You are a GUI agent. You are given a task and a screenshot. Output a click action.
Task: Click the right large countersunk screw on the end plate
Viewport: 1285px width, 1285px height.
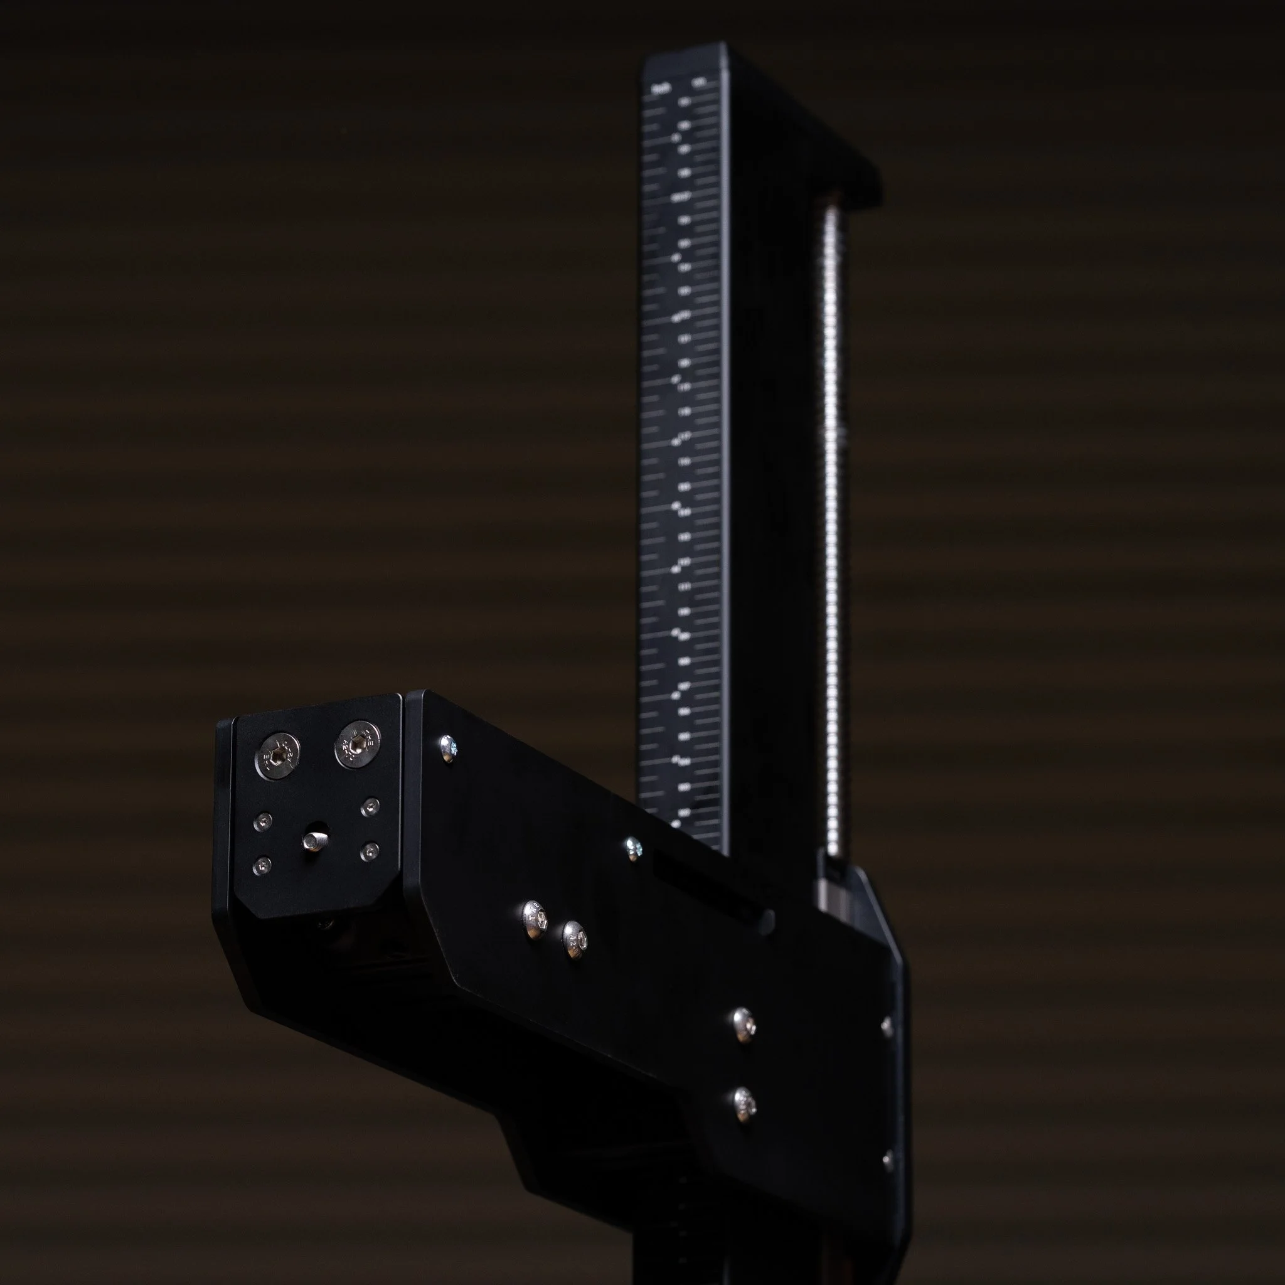(x=357, y=743)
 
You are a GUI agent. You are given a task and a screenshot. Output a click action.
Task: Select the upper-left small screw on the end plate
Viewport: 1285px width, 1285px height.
(x=264, y=822)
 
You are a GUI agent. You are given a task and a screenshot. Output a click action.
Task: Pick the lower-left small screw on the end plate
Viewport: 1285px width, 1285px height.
(x=264, y=865)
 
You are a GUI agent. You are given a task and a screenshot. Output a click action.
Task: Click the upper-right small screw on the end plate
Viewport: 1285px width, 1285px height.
(x=370, y=808)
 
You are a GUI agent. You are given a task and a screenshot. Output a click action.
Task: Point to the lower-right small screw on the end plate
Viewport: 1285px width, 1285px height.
(x=369, y=851)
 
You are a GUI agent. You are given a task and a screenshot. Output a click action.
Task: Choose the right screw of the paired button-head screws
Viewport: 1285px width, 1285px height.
(x=575, y=939)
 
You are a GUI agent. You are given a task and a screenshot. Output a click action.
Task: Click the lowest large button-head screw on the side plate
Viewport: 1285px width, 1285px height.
(x=744, y=1105)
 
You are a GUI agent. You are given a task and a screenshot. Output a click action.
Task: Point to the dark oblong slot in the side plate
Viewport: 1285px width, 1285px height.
(x=712, y=891)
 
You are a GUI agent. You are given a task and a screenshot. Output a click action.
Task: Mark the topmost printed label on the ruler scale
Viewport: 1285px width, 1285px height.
(x=661, y=88)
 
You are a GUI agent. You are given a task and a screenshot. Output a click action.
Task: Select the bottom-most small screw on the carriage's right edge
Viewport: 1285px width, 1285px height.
(x=887, y=1161)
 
